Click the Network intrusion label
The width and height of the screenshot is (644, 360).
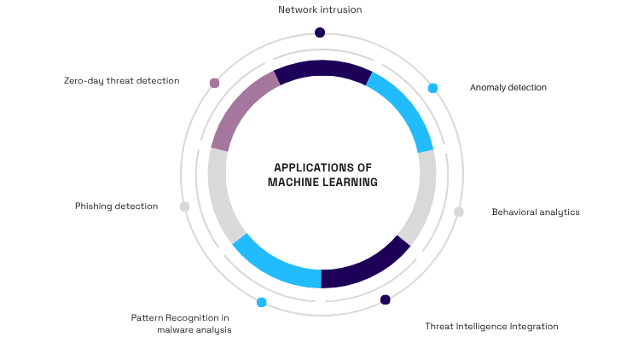pyautogui.click(x=320, y=10)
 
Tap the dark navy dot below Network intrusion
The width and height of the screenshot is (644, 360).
pyautogui.click(x=320, y=32)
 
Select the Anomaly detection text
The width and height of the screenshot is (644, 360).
pyautogui.click(x=508, y=87)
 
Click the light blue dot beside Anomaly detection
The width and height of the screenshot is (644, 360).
pyautogui.click(x=432, y=88)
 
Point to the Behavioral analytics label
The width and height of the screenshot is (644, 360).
pyautogui.click(x=536, y=212)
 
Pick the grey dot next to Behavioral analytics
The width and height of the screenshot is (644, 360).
pyautogui.click(x=458, y=212)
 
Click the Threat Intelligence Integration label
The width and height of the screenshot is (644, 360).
pyautogui.click(x=491, y=326)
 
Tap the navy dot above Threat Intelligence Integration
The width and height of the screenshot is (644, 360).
pyautogui.click(x=386, y=299)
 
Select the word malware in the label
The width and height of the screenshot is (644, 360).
pyautogui.click(x=177, y=329)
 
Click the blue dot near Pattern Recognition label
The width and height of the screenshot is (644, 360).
pyautogui.click(x=261, y=302)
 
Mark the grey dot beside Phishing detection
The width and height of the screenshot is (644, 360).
pyautogui.click(x=184, y=206)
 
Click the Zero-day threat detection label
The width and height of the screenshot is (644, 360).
pyautogui.click(x=121, y=81)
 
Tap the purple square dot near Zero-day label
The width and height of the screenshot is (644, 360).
pyautogui.click(x=214, y=83)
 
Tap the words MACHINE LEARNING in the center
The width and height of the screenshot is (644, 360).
pyautogui.click(x=322, y=182)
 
